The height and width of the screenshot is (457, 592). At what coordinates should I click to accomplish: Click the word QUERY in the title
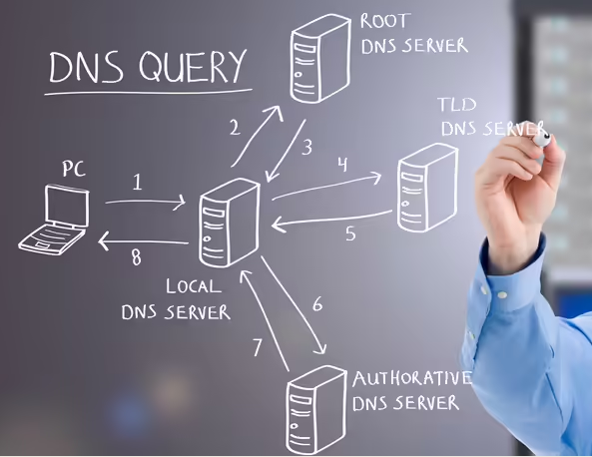(x=193, y=67)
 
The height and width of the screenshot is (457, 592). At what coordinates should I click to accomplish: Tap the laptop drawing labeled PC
(x=54, y=220)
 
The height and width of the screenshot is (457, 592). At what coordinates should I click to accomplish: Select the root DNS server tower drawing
(x=320, y=59)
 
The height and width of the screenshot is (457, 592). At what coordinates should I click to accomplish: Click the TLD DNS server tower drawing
(x=427, y=188)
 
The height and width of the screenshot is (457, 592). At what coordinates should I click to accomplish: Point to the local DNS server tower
(x=230, y=223)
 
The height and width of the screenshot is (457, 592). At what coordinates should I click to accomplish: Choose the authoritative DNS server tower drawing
(x=315, y=410)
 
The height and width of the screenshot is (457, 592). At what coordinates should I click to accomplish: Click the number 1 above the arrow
(x=138, y=182)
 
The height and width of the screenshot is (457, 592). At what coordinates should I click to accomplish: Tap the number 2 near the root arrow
(x=235, y=128)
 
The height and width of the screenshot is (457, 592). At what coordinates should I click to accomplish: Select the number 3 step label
(x=307, y=147)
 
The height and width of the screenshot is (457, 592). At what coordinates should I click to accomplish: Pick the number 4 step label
(x=342, y=165)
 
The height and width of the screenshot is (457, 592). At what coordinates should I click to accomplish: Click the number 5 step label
(x=350, y=233)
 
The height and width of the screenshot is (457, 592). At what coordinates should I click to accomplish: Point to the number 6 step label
(x=317, y=303)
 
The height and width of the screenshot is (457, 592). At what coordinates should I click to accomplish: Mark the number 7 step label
(x=258, y=347)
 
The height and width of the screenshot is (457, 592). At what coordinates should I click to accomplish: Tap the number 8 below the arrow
(x=136, y=257)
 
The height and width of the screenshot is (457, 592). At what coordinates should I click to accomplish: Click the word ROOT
(x=384, y=21)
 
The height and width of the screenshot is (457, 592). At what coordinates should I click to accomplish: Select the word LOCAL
(x=194, y=286)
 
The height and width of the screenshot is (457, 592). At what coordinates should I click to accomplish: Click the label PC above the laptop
(x=74, y=169)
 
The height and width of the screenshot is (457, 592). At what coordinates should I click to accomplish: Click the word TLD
(x=457, y=104)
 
